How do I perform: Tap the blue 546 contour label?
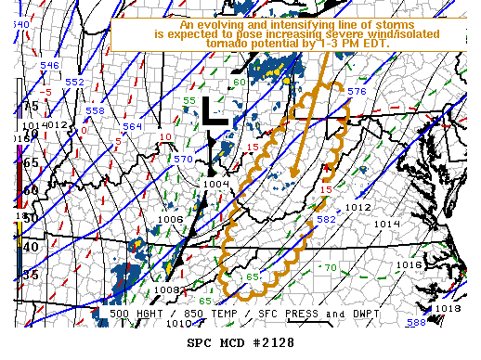(x=50, y=66)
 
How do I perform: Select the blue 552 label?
(x=74, y=83)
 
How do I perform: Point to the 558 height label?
(x=95, y=110)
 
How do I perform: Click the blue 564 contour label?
(x=133, y=126)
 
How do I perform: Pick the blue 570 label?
(x=184, y=160)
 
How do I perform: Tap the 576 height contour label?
(x=357, y=92)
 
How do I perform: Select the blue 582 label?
(x=326, y=220)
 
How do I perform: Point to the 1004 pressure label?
(x=215, y=184)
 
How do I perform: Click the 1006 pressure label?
(x=171, y=220)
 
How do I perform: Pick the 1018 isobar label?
(x=448, y=308)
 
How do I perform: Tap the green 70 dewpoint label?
(x=331, y=268)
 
